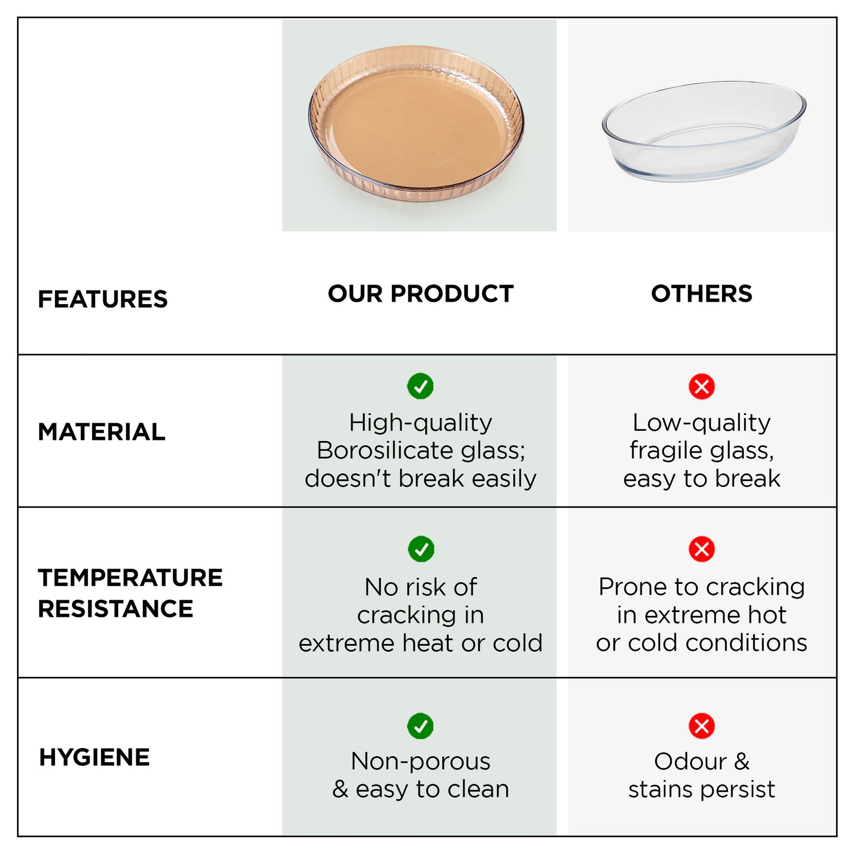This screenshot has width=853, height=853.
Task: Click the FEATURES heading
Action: click(103, 299)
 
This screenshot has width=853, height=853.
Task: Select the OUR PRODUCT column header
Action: click(420, 293)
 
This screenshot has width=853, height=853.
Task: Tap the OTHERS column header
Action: click(701, 293)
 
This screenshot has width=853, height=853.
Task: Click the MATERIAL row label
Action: click(102, 432)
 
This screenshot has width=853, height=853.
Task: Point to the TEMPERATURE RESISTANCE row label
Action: click(130, 593)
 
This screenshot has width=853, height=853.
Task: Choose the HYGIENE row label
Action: click(94, 757)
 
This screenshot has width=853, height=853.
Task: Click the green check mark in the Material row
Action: click(420, 386)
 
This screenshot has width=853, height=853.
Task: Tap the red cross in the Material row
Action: click(701, 387)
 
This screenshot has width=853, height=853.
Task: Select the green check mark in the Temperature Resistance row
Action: click(421, 549)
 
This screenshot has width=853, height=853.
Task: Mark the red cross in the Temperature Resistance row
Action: click(701, 549)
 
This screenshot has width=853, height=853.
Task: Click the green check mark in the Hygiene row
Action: click(420, 726)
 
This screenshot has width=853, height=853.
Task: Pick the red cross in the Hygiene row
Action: click(701, 726)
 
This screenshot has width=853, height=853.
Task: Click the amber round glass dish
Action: click(416, 124)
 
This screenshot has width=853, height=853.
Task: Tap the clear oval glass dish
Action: click(704, 131)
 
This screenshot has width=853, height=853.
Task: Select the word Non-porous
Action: click(420, 761)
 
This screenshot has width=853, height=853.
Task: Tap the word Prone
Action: click(632, 587)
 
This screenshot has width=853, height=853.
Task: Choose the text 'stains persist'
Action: click(701, 789)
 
